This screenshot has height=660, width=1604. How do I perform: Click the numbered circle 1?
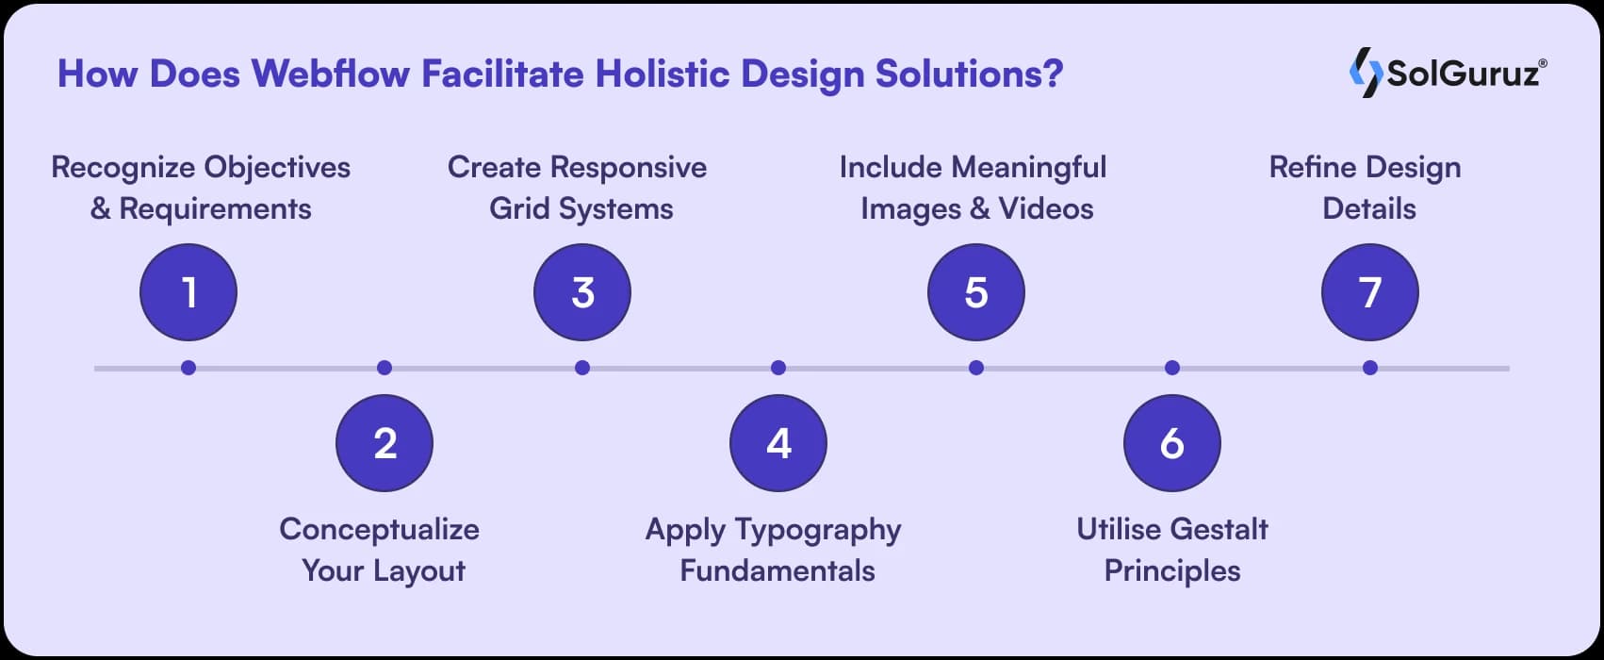(x=188, y=292)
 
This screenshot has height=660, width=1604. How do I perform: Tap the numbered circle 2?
(x=385, y=443)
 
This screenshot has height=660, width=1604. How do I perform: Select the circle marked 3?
(x=582, y=292)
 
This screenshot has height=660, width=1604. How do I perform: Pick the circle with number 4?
(x=778, y=443)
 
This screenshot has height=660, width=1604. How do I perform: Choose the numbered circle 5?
(x=976, y=292)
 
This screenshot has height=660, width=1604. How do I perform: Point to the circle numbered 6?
(x=1172, y=443)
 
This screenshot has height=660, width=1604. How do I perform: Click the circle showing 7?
(x=1370, y=292)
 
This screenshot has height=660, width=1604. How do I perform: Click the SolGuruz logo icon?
(x=1366, y=74)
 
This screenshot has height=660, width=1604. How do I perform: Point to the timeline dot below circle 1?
(x=188, y=368)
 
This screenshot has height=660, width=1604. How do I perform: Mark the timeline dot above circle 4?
(x=778, y=368)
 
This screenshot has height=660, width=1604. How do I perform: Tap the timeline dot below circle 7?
(x=1370, y=368)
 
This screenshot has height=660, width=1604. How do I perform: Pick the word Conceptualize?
(x=379, y=529)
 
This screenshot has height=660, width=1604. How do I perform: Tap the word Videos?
(x=1046, y=208)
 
